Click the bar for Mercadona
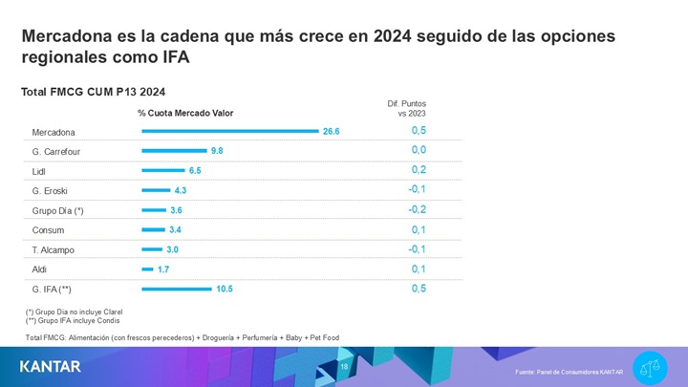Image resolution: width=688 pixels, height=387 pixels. (229, 131)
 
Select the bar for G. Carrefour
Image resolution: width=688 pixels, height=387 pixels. (174, 151)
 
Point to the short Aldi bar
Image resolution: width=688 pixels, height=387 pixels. (147, 269)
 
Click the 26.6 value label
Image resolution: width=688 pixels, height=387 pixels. (332, 131)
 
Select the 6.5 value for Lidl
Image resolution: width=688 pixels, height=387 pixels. (195, 170)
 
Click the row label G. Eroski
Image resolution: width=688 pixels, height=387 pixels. (50, 191)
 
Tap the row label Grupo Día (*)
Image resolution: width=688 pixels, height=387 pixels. (58, 210)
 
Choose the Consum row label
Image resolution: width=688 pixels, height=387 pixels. (48, 230)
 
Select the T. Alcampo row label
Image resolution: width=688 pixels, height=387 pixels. (53, 250)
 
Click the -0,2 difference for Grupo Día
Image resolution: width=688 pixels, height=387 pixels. (418, 209)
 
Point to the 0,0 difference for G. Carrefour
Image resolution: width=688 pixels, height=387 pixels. (419, 150)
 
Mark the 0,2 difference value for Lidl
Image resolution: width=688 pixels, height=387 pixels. (419, 169)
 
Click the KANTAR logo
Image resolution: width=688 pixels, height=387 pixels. (51, 366)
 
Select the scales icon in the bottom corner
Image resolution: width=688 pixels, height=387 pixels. (655, 365)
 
